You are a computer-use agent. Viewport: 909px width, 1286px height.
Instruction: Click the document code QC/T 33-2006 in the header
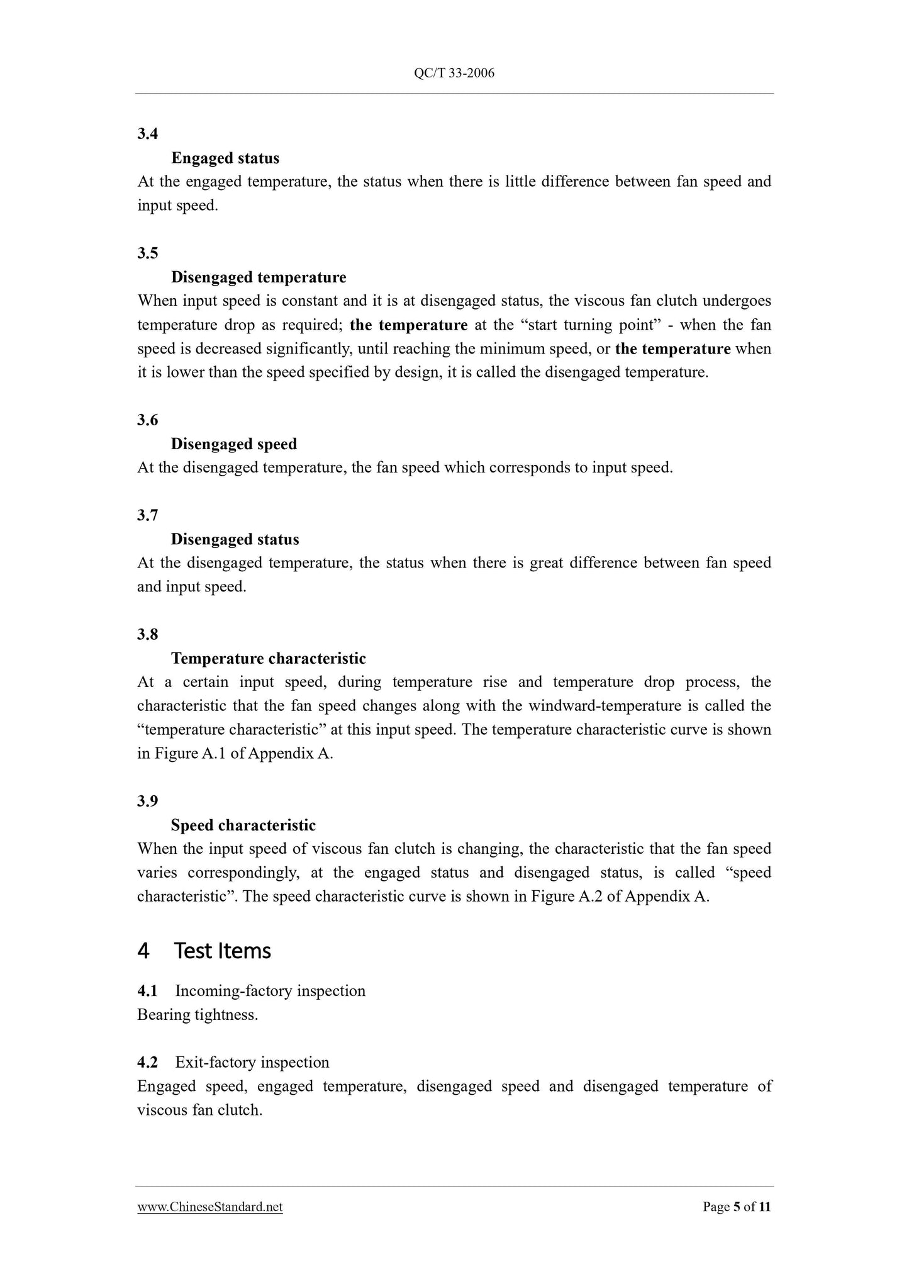(x=454, y=74)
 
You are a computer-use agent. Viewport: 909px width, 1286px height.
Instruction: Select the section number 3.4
(x=148, y=133)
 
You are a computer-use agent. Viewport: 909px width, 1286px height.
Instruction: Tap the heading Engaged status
(x=225, y=158)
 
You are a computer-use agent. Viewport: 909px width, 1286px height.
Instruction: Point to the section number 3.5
(x=148, y=253)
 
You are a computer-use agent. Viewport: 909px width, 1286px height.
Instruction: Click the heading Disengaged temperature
(x=259, y=277)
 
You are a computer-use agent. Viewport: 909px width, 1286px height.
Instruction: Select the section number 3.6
(x=148, y=420)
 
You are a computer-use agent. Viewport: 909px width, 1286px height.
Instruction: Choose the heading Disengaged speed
(x=234, y=444)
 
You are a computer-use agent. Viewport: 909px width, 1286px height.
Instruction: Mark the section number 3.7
(x=148, y=515)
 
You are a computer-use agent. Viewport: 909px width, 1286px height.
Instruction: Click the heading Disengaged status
(x=235, y=540)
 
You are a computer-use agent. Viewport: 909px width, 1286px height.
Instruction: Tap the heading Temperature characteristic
(x=269, y=659)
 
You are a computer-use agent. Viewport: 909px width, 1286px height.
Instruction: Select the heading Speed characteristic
(x=243, y=825)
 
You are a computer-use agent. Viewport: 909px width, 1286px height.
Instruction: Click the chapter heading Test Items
(x=222, y=951)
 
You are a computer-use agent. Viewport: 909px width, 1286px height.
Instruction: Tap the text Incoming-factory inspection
(x=270, y=991)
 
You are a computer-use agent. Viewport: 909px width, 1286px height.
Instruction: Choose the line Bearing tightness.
(x=198, y=1015)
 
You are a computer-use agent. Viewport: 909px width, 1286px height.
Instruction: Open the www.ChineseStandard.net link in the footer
(x=210, y=1207)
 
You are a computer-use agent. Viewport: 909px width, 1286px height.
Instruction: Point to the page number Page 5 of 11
(x=737, y=1207)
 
